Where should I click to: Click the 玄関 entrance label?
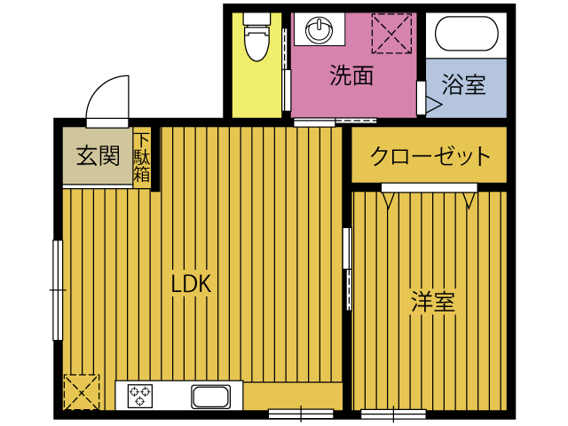click(x=97, y=156)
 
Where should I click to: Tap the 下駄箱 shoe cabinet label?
click(x=142, y=157)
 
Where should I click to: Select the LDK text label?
click(x=190, y=284)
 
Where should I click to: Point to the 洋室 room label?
click(x=432, y=302)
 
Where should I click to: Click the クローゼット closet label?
click(x=430, y=157)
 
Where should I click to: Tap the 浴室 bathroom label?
click(x=463, y=85)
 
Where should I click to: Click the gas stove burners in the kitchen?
click(x=141, y=395)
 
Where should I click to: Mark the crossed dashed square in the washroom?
click(x=391, y=33)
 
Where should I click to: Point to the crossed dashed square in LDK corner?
click(x=81, y=390)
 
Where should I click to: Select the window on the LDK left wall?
click(x=58, y=289)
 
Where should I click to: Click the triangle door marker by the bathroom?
click(x=433, y=105)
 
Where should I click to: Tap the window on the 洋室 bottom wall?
click(x=393, y=413)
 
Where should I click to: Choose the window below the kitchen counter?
click(x=300, y=413)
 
